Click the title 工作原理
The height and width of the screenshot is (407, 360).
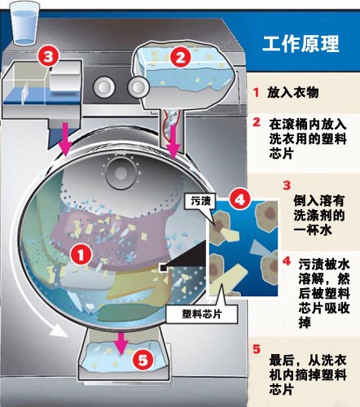[x=301, y=44]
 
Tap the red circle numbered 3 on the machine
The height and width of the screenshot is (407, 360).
[x=48, y=57]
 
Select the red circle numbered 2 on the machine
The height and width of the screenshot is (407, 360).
[x=181, y=57]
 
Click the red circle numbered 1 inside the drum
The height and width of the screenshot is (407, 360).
[x=81, y=255]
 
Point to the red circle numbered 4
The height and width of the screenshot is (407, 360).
[x=240, y=200]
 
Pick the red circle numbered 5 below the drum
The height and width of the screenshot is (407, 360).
[x=143, y=360]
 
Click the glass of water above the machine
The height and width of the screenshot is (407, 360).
[x=24, y=23]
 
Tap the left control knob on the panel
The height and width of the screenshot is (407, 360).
[x=104, y=87]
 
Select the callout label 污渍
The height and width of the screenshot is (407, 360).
[x=200, y=201]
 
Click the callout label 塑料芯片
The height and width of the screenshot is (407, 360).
[x=202, y=314]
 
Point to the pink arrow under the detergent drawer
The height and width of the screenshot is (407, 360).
[x=65, y=138]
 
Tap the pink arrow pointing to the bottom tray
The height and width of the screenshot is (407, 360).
[x=121, y=343]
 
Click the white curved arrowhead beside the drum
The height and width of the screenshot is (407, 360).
[x=58, y=330]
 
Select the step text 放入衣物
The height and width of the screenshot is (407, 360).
[x=293, y=93]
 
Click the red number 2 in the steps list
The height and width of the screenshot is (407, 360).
[x=257, y=122]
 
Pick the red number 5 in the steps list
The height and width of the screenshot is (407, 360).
[x=257, y=349]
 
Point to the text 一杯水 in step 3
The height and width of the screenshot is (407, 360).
[x=313, y=230]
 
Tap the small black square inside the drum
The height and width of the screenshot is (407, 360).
[x=164, y=268]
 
